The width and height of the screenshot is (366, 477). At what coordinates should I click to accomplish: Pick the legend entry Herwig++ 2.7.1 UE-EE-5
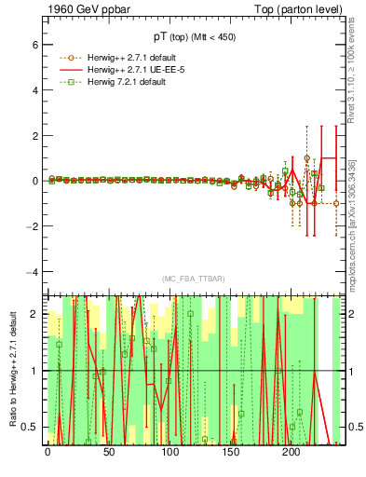[119, 70]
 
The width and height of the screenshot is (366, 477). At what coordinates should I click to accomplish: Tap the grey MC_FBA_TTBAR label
[193, 279]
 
